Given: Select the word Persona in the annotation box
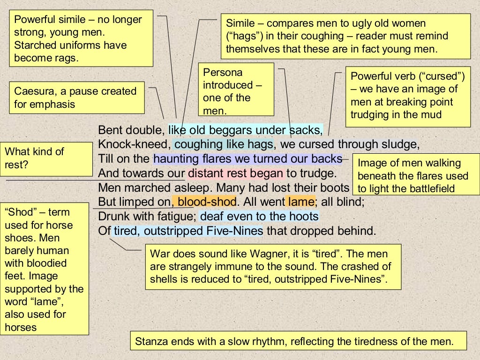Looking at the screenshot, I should (x=223, y=73).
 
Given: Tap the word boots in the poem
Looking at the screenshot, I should (x=337, y=188).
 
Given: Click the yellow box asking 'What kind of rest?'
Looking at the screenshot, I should (x=46, y=158).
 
